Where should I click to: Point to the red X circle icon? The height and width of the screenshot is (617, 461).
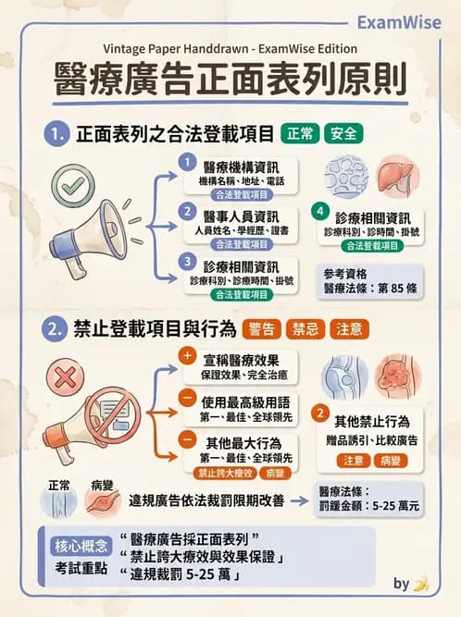click(x=66, y=376)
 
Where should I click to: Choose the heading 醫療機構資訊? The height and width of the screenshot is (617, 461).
click(x=239, y=166)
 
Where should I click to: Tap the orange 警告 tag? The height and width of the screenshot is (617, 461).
click(x=262, y=329)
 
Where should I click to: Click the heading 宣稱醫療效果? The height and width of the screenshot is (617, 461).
click(x=239, y=360)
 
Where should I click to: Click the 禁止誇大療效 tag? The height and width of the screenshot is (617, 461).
click(x=223, y=472)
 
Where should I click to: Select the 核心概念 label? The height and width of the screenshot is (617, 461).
click(x=81, y=545)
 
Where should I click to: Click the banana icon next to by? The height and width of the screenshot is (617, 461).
click(x=421, y=584)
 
